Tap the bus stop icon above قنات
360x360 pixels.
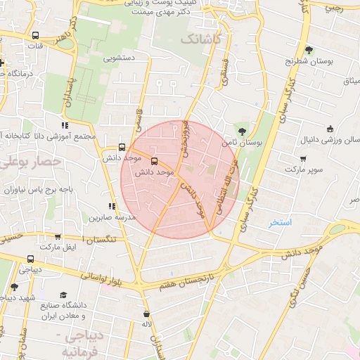coord(35,34)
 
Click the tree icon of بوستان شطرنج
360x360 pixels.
coord(309,50)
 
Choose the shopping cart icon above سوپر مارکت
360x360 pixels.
coord(304,159)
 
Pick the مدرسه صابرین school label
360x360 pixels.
coord(111,217)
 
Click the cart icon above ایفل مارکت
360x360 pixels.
coord(57,237)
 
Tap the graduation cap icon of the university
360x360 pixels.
coord(63,295)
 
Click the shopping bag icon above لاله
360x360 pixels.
coord(146,314)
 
